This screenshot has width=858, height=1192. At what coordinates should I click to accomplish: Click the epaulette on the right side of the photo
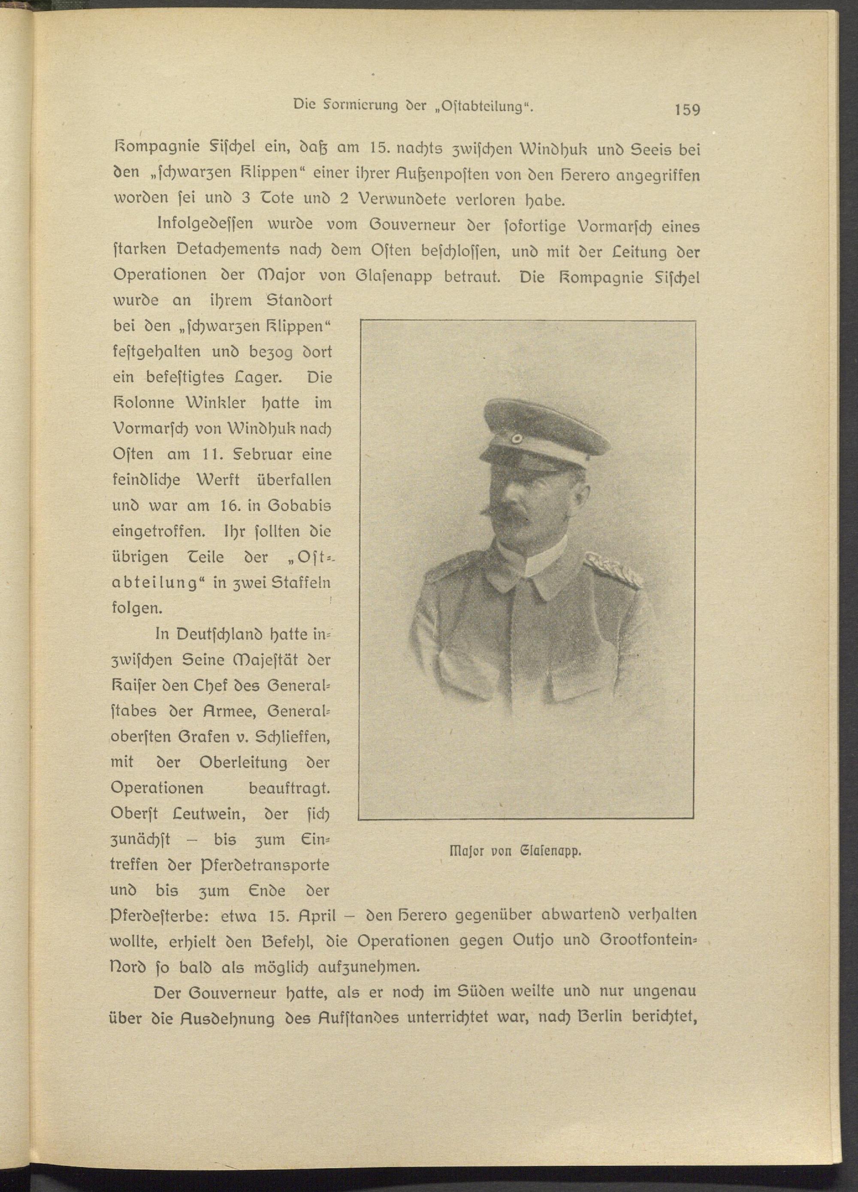613,570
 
